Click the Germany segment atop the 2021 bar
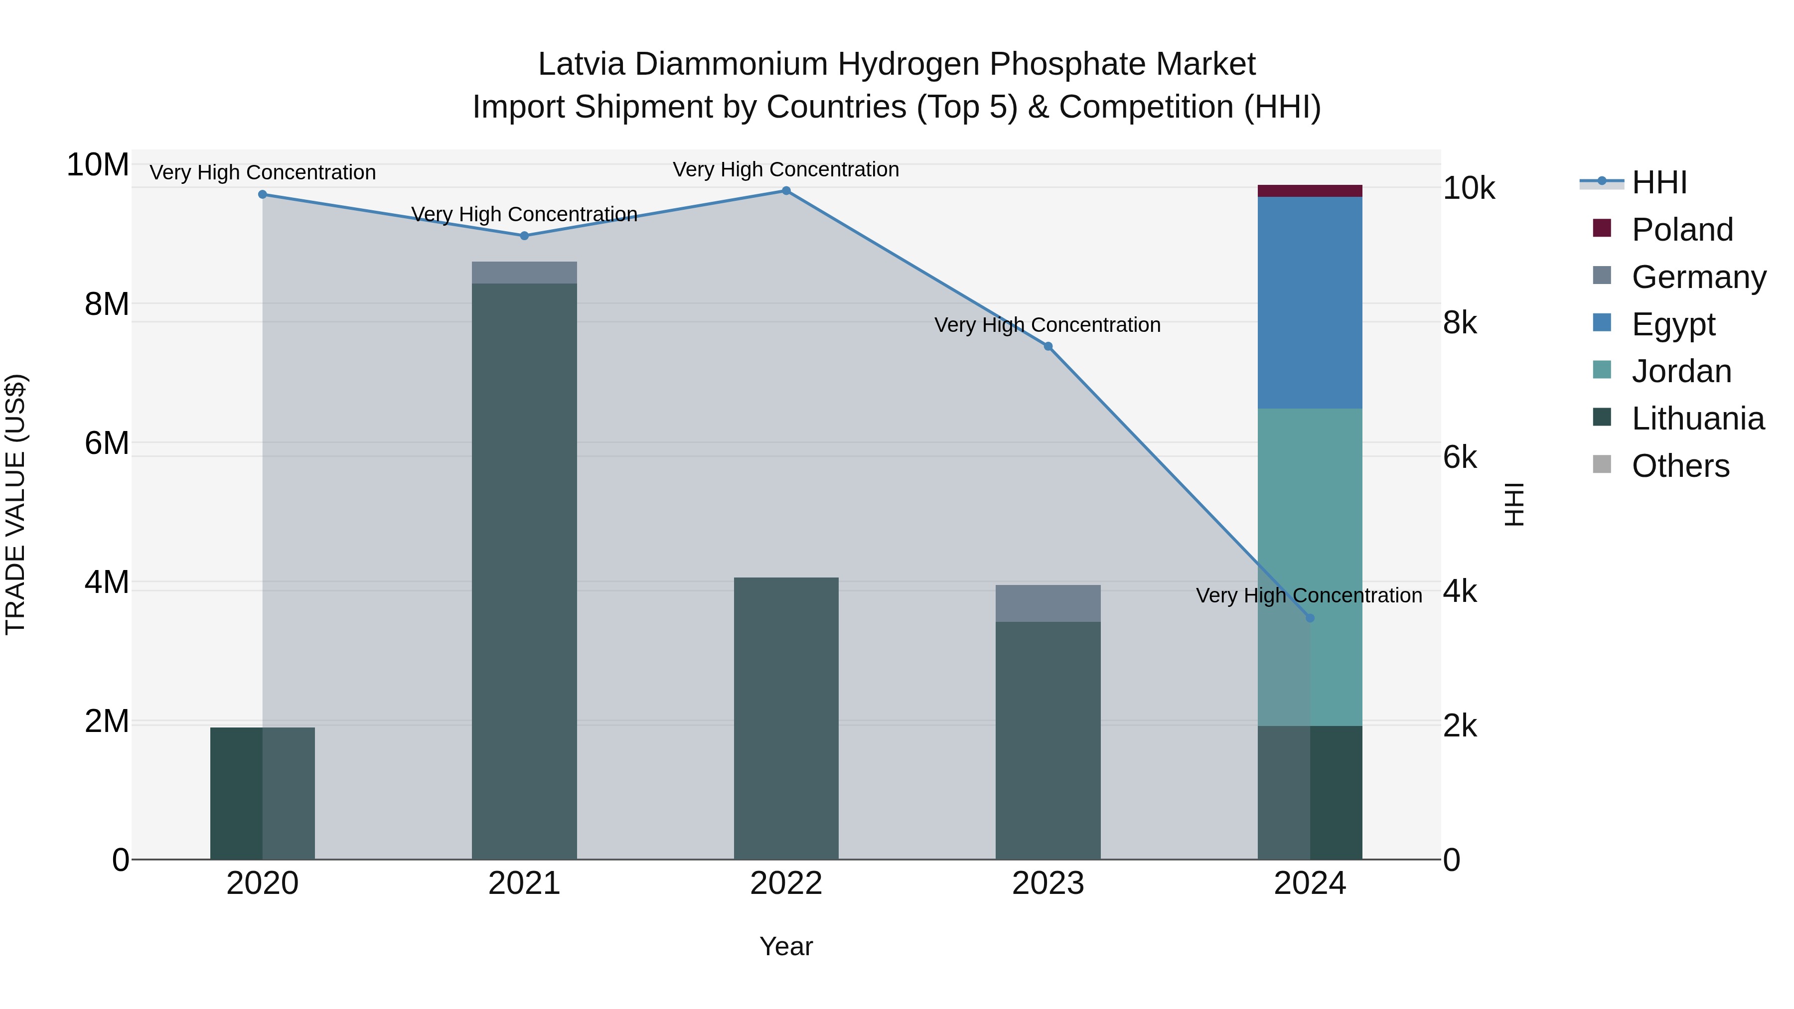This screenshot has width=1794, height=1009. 524,272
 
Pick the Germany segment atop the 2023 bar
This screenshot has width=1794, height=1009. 1047,603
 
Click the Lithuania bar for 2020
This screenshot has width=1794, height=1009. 263,793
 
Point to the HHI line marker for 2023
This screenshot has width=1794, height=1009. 1047,346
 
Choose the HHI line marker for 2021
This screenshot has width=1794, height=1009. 524,235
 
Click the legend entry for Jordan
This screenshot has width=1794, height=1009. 1681,371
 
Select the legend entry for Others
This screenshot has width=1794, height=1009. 1680,466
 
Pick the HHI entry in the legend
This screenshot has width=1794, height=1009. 1659,182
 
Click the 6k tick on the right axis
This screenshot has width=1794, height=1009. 1460,457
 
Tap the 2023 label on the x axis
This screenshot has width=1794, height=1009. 1047,883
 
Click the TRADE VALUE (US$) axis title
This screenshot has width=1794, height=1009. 15,504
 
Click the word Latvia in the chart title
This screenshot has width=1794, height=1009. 582,64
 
